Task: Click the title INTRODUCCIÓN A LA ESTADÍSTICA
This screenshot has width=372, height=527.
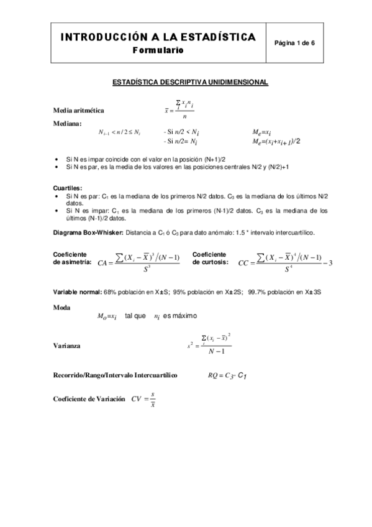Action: click(158, 37)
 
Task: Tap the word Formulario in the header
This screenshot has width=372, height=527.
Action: click(158, 51)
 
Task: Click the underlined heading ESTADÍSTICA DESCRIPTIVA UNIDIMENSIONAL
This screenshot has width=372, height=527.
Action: click(189, 81)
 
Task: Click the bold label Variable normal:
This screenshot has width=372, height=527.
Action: click(78, 291)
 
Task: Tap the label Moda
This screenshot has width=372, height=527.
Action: click(61, 307)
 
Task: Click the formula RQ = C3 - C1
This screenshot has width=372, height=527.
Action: click(234, 375)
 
